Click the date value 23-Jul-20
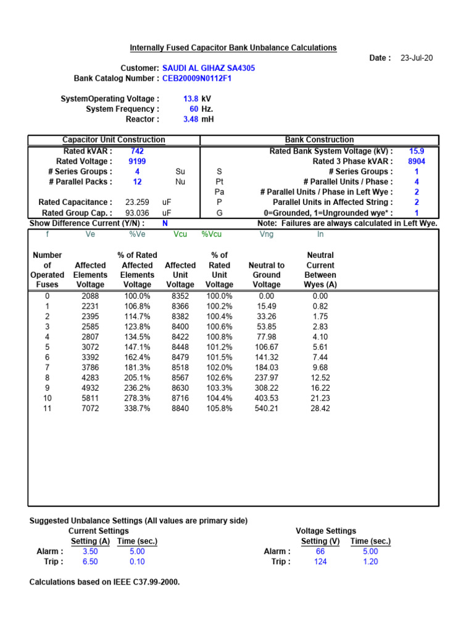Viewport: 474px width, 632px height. tap(417, 58)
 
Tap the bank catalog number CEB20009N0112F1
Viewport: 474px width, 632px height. tap(197, 78)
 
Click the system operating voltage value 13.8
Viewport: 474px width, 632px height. tap(190, 99)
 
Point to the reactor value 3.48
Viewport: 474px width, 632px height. tap(190, 119)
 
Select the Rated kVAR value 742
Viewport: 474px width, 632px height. tap(138, 151)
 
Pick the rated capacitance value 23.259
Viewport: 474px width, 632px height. tap(137, 202)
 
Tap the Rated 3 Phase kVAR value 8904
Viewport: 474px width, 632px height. tap(417, 161)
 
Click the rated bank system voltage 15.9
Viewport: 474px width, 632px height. tap(417, 151)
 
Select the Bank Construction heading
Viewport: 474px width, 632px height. tap(319, 140)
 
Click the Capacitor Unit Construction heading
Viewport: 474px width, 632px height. tap(114, 140)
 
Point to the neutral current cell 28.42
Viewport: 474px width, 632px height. tap(320, 409)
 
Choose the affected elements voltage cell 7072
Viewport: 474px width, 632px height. tap(90, 409)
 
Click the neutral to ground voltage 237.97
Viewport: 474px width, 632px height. tap(267, 378)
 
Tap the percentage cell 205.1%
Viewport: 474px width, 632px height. tap(137, 378)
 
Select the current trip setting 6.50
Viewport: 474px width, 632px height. tap(90, 562)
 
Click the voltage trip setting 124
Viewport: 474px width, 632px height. tap(320, 562)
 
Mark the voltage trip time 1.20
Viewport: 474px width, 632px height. tap(370, 562)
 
